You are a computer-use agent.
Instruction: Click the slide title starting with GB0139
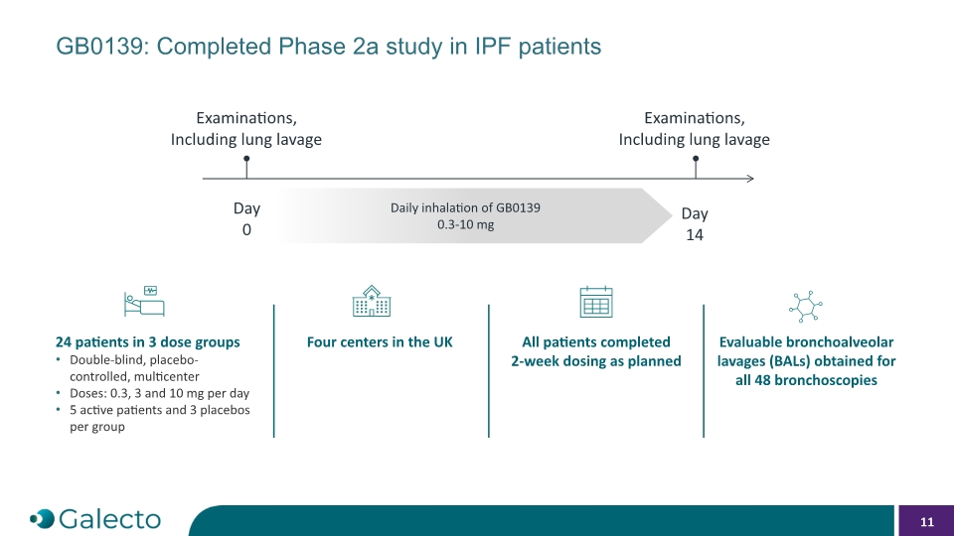point(329,47)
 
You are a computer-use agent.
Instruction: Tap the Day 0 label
point(246,218)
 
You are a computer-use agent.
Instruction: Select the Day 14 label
point(695,224)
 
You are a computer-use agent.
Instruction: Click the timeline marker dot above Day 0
point(246,159)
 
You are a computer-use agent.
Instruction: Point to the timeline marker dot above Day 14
point(696,159)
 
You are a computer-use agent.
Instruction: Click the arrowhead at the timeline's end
point(751,179)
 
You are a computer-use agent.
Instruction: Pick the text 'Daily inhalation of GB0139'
point(465,207)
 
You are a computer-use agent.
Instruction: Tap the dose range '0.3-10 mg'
point(465,225)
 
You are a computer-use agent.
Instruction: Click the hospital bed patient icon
point(144,302)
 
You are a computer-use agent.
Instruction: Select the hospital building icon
point(371,301)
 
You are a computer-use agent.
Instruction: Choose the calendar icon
point(596,302)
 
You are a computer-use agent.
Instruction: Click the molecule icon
point(806,306)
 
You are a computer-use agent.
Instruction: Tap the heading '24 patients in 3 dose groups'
point(148,342)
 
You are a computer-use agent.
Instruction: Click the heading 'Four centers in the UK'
point(380,342)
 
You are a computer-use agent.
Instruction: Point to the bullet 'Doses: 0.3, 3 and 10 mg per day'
point(159,393)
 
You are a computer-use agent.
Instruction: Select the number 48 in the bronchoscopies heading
point(763,380)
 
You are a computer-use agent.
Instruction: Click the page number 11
point(926,522)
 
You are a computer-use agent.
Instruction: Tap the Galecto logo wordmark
point(110,519)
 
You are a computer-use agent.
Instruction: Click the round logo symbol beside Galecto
point(42,519)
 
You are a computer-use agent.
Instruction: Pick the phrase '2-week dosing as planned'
point(596,361)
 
